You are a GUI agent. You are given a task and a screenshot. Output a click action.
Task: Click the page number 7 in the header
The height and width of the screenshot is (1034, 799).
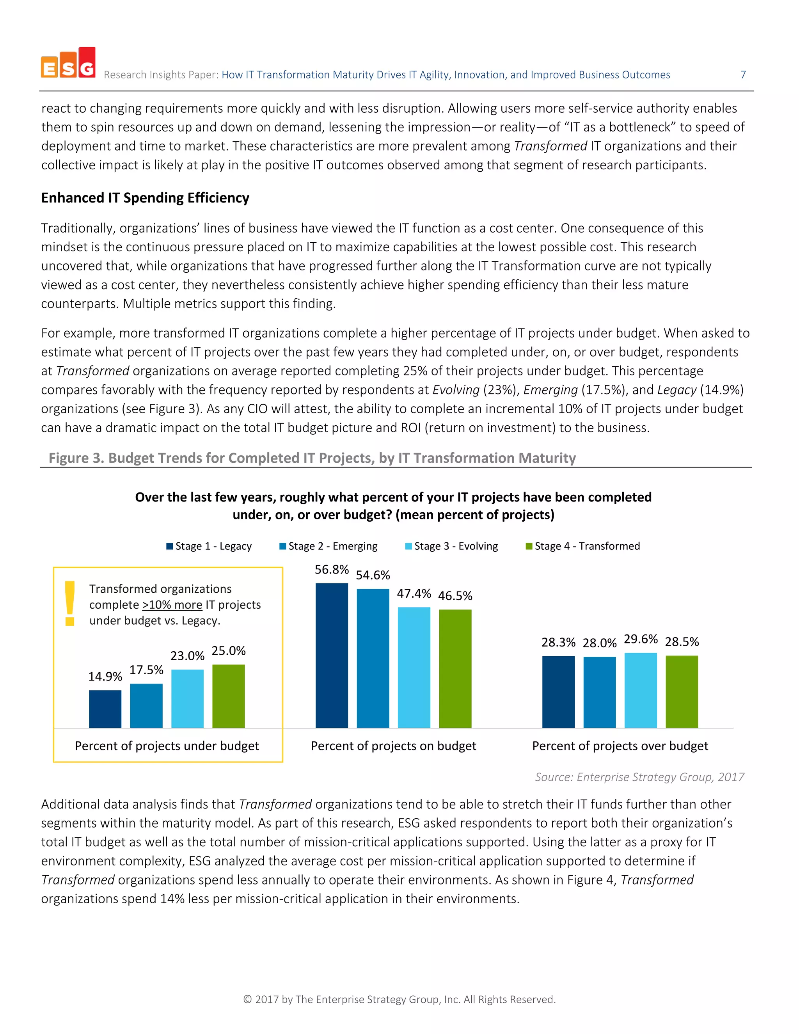click(743, 75)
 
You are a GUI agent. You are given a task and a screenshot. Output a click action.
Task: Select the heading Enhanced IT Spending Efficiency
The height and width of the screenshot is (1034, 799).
click(145, 198)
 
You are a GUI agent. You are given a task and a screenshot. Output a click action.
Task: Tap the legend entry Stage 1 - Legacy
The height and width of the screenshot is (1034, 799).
click(209, 546)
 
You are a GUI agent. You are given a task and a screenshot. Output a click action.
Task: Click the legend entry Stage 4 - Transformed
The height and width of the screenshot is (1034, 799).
click(583, 546)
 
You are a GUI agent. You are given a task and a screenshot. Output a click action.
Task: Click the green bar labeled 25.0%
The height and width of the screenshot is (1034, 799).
click(228, 696)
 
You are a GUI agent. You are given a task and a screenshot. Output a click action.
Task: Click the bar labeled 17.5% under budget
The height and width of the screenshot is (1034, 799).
click(146, 705)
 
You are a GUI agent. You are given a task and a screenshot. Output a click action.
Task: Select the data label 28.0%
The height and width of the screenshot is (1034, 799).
click(599, 643)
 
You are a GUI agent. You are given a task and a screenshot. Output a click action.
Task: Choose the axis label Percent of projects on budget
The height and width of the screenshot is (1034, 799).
click(393, 746)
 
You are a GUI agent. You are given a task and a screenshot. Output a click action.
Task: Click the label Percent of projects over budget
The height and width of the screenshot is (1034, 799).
click(620, 746)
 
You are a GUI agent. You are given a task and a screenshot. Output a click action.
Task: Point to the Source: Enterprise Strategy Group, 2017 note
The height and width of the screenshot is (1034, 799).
click(639, 777)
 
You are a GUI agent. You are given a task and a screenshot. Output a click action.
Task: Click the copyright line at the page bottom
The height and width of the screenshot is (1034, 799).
click(399, 999)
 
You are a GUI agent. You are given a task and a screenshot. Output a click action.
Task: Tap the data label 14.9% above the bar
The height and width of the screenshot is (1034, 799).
click(105, 676)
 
